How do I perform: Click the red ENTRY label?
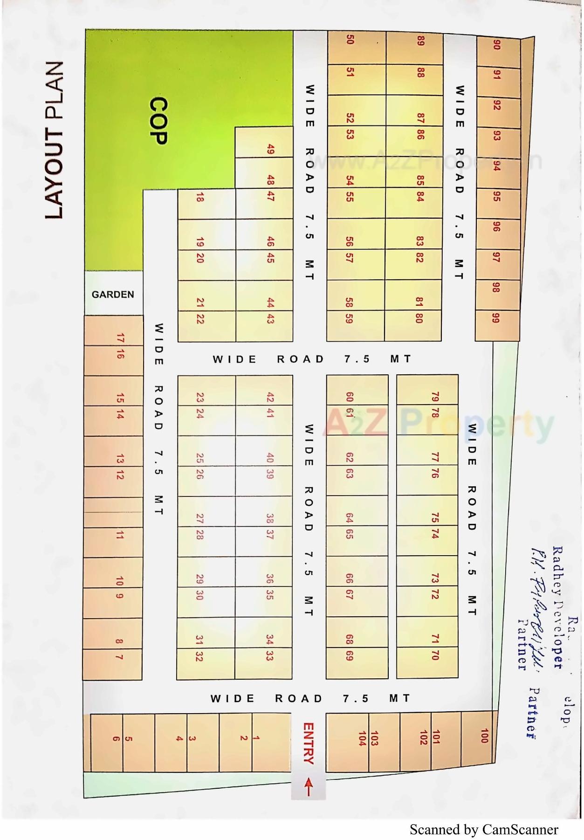click(x=309, y=743)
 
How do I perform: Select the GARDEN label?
click(x=113, y=295)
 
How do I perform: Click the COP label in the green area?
click(x=158, y=121)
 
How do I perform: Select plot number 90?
click(x=497, y=45)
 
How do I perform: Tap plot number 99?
click(x=496, y=318)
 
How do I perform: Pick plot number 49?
click(x=270, y=150)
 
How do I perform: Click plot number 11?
click(x=120, y=535)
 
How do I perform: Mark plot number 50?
click(x=350, y=39)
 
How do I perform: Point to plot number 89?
click(x=420, y=41)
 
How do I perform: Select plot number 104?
click(x=362, y=739)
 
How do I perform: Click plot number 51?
click(x=350, y=72)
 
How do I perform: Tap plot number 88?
click(x=420, y=73)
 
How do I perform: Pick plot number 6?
click(x=116, y=738)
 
